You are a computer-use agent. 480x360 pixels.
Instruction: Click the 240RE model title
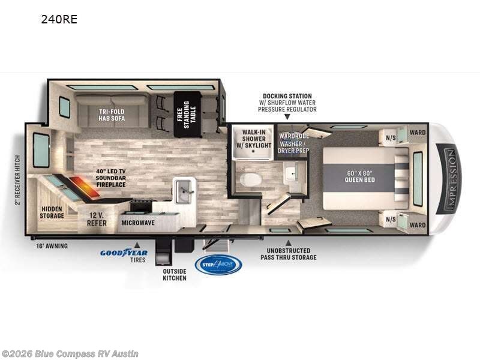point(59,19)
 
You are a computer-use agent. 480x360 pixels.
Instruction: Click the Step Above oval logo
point(218,265)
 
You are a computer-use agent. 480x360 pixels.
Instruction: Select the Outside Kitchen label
point(175,274)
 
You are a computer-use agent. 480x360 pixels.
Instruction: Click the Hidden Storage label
point(52,212)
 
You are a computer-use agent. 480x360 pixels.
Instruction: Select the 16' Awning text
point(52,245)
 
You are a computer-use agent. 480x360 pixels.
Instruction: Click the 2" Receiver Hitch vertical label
point(17,178)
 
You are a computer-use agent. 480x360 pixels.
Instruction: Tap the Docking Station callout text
point(288,103)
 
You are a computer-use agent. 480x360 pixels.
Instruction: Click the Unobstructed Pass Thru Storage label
point(288,254)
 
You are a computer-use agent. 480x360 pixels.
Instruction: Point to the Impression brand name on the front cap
point(452,178)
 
